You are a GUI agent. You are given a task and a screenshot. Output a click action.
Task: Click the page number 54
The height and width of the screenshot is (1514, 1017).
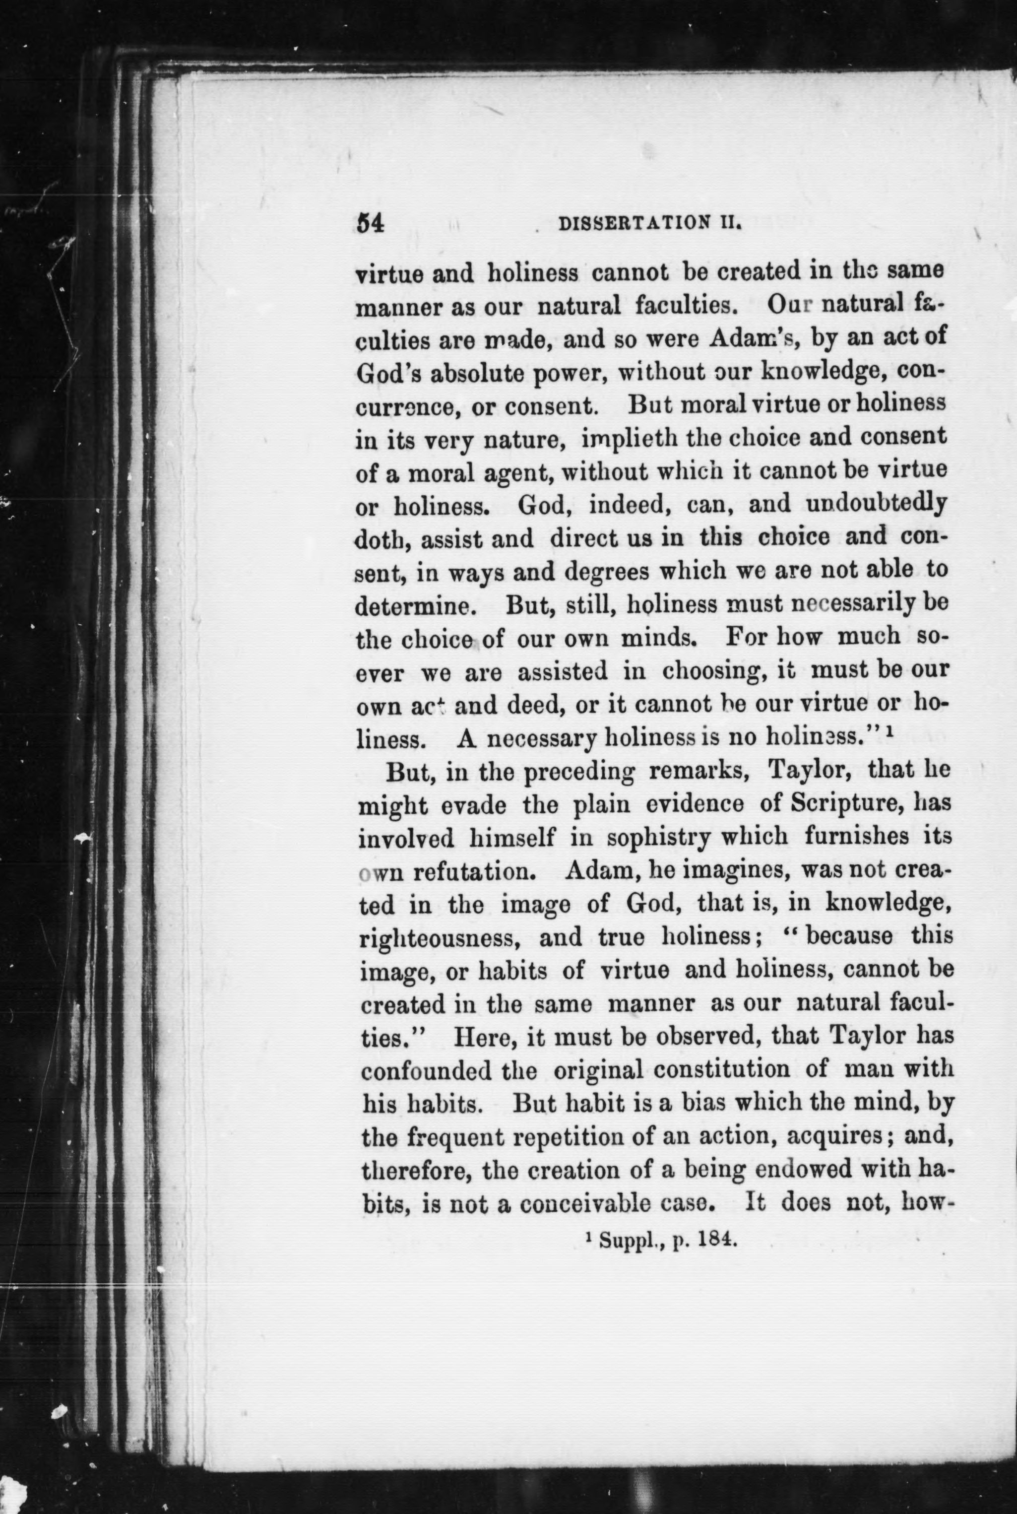(x=371, y=223)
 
